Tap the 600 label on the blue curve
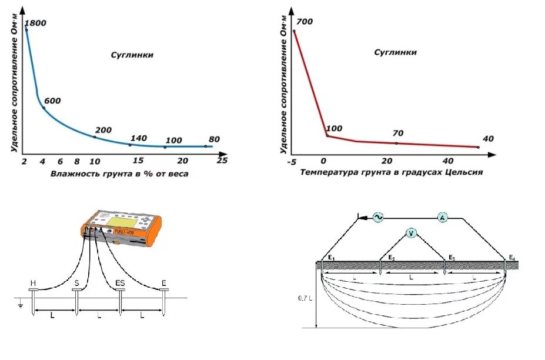coord(53,101)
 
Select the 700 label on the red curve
coord(305,22)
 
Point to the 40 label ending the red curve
coord(489,138)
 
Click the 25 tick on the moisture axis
coord(222,160)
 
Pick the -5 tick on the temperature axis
coord(292,161)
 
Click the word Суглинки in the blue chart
coord(132,55)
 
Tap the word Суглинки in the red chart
coord(396,52)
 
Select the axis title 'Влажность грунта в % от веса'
coord(119,174)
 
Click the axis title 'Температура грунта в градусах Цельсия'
coord(392,173)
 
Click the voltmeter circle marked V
coord(412,234)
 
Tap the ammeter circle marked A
coord(443,218)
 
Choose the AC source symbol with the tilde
coord(376,218)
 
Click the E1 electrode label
coord(332,258)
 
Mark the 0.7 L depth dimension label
coord(303,298)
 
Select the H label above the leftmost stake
coord(32,284)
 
